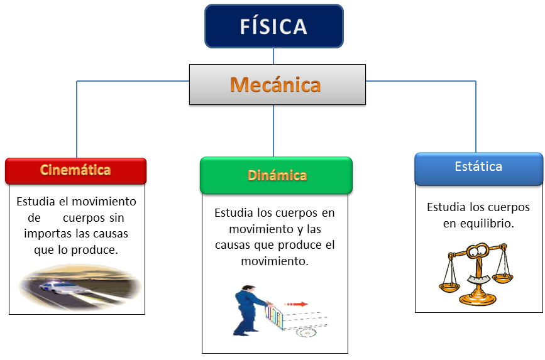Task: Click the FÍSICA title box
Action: pos(273,26)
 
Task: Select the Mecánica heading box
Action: pos(277,84)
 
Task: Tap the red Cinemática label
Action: pos(75,170)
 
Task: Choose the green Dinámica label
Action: pos(276,175)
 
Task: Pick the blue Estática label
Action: pos(478,167)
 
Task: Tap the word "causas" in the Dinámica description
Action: pos(232,244)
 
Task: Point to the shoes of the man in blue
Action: pos(238,334)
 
